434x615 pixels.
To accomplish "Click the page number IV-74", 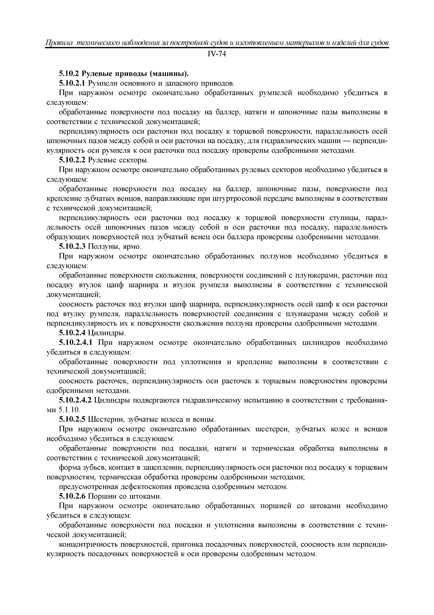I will pos(217,54).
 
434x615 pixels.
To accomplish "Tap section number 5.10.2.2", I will pos(72,160).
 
